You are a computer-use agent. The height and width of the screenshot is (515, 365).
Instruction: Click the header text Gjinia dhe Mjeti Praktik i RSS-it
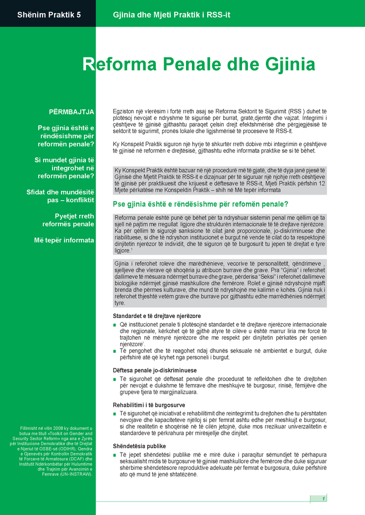(172, 14)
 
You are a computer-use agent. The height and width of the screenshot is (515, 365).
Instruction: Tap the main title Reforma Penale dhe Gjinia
(199, 64)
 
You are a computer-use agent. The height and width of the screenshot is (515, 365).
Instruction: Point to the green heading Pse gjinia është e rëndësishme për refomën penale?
(201, 204)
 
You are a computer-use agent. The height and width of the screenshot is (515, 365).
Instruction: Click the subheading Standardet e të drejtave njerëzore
(156, 315)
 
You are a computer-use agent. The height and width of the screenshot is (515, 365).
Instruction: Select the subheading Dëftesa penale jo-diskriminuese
(155, 370)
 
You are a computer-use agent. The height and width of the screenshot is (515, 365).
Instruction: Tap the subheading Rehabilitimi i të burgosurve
(149, 405)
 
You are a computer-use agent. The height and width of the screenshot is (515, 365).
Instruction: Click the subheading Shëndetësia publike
(139, 446)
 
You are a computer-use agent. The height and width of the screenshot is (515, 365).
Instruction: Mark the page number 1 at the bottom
(323, 498)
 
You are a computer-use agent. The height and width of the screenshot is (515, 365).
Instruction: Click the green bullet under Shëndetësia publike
(115, 455)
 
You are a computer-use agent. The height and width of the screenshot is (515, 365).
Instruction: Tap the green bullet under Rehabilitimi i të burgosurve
(115, 413)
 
